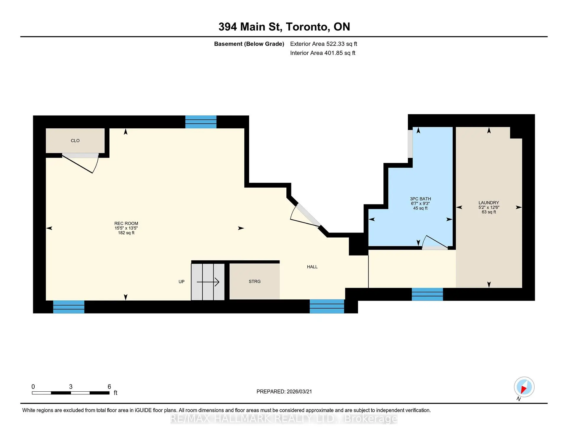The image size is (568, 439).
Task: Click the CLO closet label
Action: (75, 141)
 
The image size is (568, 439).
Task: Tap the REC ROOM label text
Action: (126, 223)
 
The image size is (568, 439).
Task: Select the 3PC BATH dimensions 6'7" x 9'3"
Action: (420, 204)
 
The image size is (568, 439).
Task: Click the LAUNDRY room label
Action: (489, 203)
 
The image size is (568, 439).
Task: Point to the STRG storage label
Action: (254, 281)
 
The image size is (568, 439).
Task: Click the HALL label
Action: (312, 267)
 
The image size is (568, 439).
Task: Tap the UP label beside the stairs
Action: (181, 282)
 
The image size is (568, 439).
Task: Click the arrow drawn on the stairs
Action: (208, 282)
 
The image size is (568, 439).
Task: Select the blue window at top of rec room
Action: (201, 122)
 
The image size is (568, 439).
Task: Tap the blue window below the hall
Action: (327, 306)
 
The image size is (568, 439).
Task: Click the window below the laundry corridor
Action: (427, 294)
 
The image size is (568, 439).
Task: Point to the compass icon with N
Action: (524, 387)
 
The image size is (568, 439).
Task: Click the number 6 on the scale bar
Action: (109, 387)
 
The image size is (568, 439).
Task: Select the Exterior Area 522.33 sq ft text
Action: (323, 44)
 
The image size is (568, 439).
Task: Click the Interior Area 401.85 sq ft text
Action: (322, 53)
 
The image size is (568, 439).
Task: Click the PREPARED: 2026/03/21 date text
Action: (284, 391)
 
